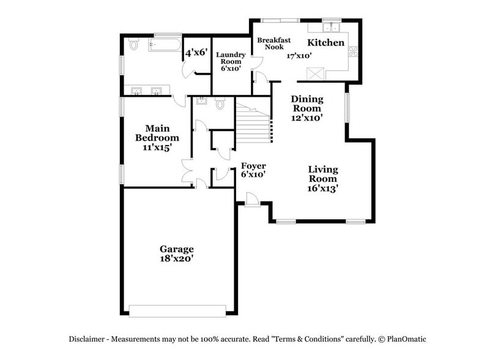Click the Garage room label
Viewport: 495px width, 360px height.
point(177,249)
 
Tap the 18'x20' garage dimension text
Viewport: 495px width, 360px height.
point(177,259)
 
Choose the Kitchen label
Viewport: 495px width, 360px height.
point(326,43)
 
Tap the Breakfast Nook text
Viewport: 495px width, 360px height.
point(270,43)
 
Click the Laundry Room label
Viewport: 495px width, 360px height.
point(231,58)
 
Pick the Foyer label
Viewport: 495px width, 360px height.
point(253,166)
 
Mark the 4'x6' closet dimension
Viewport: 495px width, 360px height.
point(197,53)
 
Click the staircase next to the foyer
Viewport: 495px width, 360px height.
point(253,122)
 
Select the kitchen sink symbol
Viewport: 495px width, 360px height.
point(332,28)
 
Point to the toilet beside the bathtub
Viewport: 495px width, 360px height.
point(134,45)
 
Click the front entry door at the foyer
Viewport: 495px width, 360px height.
point(251,200)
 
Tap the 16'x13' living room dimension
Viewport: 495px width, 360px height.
point(322,189)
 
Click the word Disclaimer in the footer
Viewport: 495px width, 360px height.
point(88,339)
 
